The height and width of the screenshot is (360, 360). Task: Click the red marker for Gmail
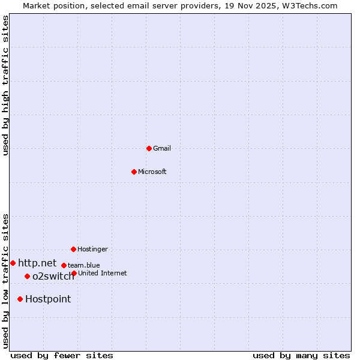(149, 148)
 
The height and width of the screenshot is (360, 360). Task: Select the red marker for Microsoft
(134, 172)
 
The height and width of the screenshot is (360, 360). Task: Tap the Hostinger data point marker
(73, 249)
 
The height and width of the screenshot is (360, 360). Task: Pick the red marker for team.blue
(64, 265)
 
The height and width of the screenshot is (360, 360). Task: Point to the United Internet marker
(74, 273)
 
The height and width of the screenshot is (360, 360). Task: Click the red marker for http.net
(13, 263)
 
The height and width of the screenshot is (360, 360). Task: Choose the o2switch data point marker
(27, 276)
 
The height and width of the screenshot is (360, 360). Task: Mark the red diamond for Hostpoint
(20, 299)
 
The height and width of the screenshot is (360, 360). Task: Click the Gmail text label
(162, 148)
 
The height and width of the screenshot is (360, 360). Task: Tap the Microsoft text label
(152, 172)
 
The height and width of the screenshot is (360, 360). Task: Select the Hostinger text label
(92, 249)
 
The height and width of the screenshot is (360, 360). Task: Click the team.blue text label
(84, 265)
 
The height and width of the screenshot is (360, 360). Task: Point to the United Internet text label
(103, 273)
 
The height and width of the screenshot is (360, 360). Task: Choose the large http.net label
(37, 263)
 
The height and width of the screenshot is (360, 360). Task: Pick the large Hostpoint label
(48, 299)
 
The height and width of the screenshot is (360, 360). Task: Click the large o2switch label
(53, 276)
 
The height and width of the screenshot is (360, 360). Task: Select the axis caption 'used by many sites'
(301, 355)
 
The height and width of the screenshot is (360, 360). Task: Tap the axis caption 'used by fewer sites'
(62, 355)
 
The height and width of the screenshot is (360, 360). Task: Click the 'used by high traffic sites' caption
(5, 85)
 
